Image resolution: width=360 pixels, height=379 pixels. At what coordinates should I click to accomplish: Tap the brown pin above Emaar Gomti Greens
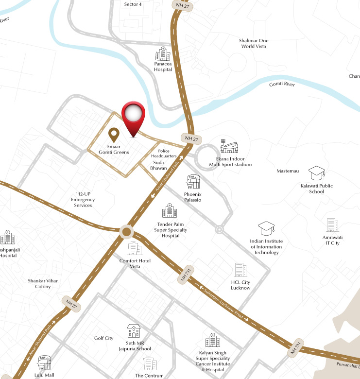pos(114,134)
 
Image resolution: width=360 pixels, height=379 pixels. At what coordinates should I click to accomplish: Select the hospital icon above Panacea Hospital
pos(163,53)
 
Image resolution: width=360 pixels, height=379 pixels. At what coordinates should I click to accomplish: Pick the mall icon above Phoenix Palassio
pos(193,182)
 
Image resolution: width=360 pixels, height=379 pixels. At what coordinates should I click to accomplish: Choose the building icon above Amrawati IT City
pos(333,225)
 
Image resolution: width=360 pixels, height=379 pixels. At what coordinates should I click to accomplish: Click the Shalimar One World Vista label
pos(254,43)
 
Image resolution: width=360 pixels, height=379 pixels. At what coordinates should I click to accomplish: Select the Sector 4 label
pos(133,4)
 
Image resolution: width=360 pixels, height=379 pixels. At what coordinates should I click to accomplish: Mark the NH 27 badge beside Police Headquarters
pos(190,139)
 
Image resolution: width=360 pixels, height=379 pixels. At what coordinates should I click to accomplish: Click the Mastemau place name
pos(288,171)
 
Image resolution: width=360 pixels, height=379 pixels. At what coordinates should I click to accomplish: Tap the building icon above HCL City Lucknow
pos(240,270)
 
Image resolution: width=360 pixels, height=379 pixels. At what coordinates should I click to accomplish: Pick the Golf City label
pos(103,338)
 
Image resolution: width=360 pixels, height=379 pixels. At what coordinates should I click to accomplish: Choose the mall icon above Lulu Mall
pos(44,362)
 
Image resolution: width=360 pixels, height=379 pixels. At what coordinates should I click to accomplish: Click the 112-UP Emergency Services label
pos(83,199)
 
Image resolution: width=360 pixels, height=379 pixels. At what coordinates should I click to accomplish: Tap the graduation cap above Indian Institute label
pos(266,228)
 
